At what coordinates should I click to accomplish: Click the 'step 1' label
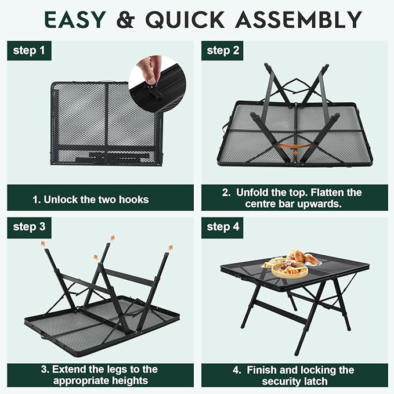click(29, 50)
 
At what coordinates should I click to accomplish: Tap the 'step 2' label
click(223, 50)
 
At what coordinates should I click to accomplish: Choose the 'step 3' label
click(29, 227)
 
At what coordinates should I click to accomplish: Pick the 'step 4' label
click(223, 227)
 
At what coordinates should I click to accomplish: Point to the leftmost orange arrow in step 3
click(43, 244)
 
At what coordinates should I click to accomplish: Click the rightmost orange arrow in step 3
click(171, 248)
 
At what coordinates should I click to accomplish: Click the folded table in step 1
click(104, 124)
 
